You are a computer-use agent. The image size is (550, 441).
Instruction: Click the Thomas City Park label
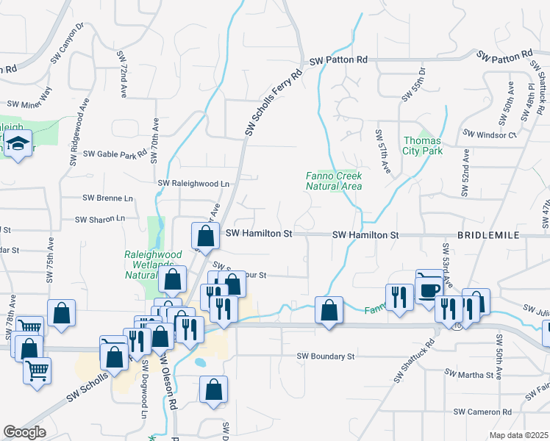pyautogui.click(x=422, y=146)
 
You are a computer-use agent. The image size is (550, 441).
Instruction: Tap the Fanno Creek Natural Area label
pyautogui.click(x=334, y=181)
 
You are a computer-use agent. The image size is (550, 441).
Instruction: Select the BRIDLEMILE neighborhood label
pyautogui.click(x=489, y=234)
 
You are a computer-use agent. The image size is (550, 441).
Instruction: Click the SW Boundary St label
pyautogui.click(x=326, y=356)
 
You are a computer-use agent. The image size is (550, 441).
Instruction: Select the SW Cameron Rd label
pyautogui.click(x=482, y=412)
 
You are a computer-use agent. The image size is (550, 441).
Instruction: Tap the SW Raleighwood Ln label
pyautogui.click(x=194, y=183)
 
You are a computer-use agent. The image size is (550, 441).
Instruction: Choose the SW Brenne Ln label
pyautogui.click(x=108, y=198)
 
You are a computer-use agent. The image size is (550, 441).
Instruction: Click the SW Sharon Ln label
pyautogui.click(x=101, y=218)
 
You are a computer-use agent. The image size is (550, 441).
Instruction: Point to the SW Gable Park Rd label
pyautogui.click(x=115, y=154)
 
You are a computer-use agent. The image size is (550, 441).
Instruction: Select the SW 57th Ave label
pyautogui.click(x=383, y=151)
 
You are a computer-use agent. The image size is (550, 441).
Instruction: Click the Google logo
pyautogui.click(x=24, y=432)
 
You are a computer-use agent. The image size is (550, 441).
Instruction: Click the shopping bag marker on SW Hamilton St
pyautogui.click(x=206, y=236)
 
